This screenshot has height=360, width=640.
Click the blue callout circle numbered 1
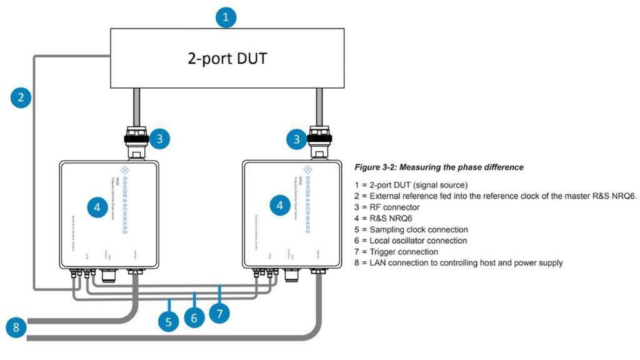[x=226, y=17]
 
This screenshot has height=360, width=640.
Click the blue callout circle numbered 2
[x=21, y=97]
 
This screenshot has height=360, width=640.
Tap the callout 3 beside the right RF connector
[x=296, y=139]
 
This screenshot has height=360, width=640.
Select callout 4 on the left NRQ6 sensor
[x=96, y=207]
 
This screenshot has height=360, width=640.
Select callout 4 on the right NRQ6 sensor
[x=279, y=205]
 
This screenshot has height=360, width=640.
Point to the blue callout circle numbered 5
[x=168, y=322]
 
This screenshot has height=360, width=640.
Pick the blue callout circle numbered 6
[x=194, y=317]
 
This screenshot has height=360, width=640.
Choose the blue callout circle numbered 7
[x=219, y=312]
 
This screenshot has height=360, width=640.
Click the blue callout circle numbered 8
[x=17, y=327]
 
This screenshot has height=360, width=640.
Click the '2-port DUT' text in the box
[x=227, y=58]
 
